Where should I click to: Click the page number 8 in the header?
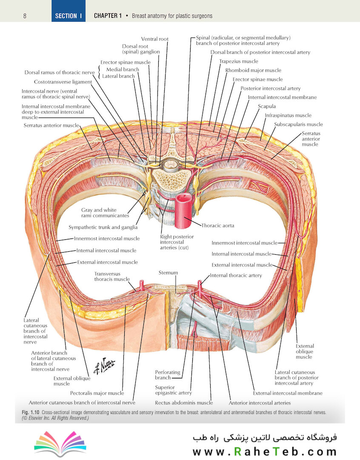[x=25, y=16]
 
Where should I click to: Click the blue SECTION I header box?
[x=69, y=11]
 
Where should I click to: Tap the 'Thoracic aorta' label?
[x=218, y=226]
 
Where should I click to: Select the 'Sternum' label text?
[x=168, y=273]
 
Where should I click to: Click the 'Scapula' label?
[x=267, y=106]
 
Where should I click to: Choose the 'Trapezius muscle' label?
[x=239, y=61]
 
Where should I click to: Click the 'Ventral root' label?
[x=155, y=39]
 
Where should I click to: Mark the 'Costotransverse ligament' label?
[x=63, y=82]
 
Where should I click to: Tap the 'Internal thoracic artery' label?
[x=236, y=276]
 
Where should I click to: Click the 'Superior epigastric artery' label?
[x=173, y=390]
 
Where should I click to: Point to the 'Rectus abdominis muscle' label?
[x=184, y=403]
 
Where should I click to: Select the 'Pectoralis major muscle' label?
[x=97, y=393]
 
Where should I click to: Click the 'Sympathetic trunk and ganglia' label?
[x=103, y=227]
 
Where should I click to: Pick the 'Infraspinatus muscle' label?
[x=288, y=115]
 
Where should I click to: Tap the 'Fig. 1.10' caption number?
[x=31, y=412]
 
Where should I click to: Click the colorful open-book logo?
[x=60, y=443]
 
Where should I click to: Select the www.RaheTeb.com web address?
[x=264, y=451]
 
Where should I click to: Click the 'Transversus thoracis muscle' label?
[x=111, y=276]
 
